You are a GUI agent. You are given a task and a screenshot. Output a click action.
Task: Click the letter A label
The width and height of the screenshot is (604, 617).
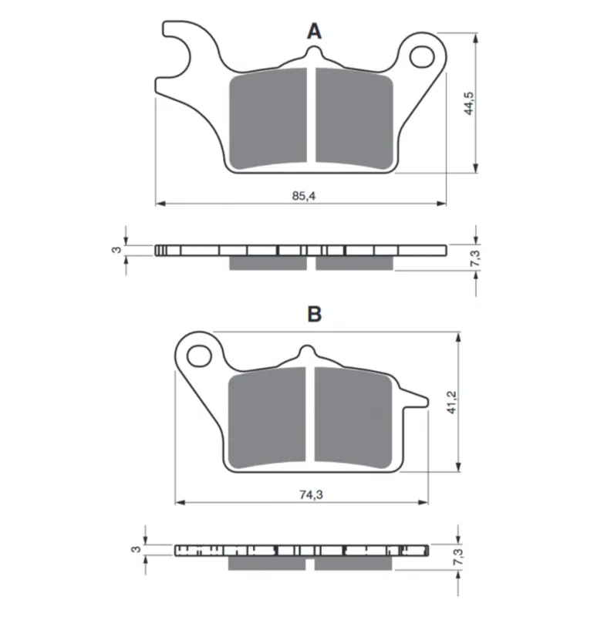point(314,31)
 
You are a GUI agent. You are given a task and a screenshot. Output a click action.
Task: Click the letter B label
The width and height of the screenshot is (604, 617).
point(315,314)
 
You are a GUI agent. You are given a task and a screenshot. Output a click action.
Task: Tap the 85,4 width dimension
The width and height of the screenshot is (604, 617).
point(303,196)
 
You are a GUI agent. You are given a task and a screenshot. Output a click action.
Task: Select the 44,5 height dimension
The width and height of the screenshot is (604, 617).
point(469,103)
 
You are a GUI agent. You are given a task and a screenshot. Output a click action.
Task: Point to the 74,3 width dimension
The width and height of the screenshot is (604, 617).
point(311,494)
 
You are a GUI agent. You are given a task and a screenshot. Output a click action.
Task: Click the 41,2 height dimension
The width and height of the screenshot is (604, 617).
point(452,402)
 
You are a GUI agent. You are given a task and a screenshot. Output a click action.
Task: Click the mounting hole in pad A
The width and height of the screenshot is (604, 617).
point(422,56)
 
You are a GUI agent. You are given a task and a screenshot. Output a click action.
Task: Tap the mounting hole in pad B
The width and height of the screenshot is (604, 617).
point(199,356)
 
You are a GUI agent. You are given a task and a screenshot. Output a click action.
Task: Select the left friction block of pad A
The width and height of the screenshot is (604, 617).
point(268,119)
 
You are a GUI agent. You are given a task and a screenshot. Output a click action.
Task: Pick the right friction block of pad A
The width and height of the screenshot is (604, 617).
point(354,119)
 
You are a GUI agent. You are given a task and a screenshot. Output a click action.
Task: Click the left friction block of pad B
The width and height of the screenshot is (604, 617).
point(267,417)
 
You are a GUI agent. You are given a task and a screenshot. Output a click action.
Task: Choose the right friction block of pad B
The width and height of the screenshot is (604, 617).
point(353,417)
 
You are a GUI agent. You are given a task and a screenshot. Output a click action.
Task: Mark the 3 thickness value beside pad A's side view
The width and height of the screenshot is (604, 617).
point(116,250)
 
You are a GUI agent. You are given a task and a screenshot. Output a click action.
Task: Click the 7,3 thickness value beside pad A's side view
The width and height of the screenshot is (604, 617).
point(475,258)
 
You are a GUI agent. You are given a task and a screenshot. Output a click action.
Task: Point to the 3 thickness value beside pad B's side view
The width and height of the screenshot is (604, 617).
point(136,549)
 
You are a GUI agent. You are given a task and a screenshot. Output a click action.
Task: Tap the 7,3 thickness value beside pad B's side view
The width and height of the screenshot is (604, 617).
point(458,557)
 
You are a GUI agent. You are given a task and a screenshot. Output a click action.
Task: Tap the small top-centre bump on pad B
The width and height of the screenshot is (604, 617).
point(306,351)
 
